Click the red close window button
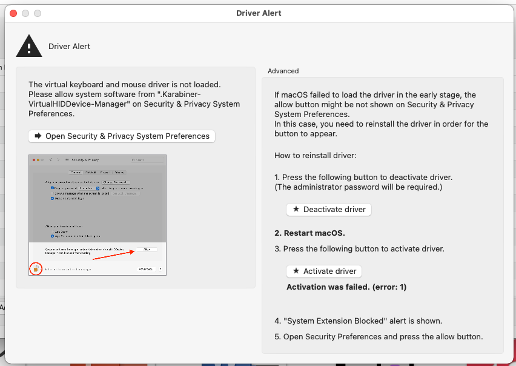click(13, 13)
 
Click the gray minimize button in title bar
click(25, 13)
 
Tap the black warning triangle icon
click(28, 46)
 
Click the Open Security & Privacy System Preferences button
click(122, 136)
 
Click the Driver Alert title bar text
click(258, 13)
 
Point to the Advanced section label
click(283, 71)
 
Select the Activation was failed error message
click(346, 287)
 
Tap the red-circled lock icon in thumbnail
click(36, 268)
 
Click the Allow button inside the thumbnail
click(146, 250)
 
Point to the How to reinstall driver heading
click(315, 156)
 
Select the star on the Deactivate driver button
click(296, 209)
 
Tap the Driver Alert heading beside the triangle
click(69, 46)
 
